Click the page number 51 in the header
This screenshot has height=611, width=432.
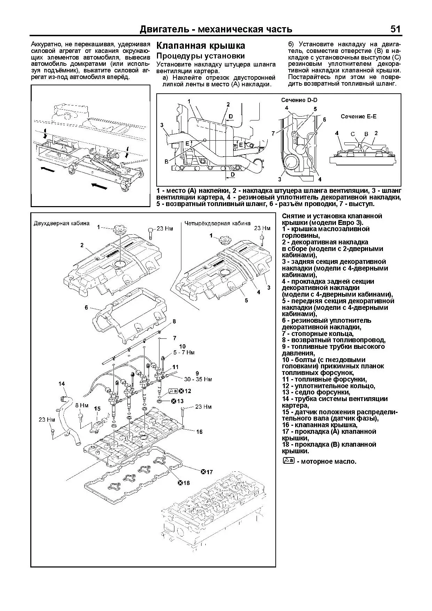tap(395, 29)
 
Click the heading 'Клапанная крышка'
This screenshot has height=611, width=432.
tap(201, 46)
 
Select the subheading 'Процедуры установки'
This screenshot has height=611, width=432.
tap(200, 56)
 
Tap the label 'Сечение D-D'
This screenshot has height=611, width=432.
tap(299, 100)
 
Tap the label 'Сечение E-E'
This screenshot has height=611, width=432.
tap(358, 116)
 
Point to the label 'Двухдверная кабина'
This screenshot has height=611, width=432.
tap(61, 223)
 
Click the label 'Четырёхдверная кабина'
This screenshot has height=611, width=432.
tap(217, 223)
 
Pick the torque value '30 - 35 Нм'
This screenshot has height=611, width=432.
tap(198, 379)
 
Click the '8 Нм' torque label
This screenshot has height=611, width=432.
tap(82, 406)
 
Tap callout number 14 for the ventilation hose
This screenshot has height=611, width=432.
tap(62, 384)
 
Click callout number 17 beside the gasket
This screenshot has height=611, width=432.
tap(209, 472)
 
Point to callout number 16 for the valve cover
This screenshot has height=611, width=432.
tap(199, 432)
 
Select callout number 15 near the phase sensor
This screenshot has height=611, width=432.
tap(97, 409)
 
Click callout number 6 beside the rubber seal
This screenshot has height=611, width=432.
tap(86, 307)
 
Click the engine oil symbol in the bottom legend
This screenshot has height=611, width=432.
tap(289, 461)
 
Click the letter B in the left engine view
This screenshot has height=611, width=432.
tap(166, 162)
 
